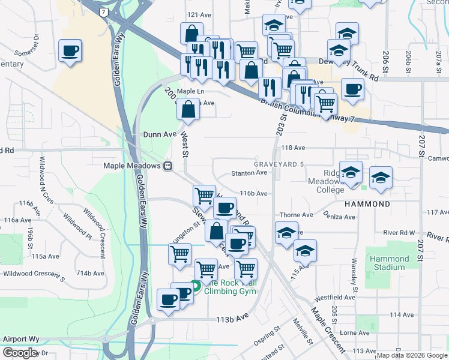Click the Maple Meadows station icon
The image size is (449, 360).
click(x=169, y=166)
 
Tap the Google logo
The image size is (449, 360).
click(x=20, y=353)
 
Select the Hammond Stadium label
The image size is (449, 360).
click(x=389, y=263)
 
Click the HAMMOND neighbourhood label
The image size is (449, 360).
click(x=367, y=204)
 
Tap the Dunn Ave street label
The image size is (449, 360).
click(x=159, y=135)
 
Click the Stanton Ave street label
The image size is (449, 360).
click(x=249, y=173)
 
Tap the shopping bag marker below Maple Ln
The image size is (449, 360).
click(x=188, y=110)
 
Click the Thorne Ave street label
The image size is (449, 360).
click(x=296, y=215)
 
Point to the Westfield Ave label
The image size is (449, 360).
click(x=335, y=297)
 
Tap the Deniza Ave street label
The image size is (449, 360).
click(x=339, y=215)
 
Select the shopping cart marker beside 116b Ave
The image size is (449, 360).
click(x=204, y=195)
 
